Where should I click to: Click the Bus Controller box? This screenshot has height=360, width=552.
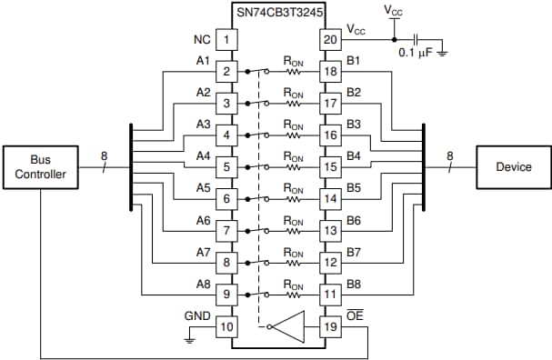coord(41,166)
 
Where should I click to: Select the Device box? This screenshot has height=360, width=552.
coord(514,166)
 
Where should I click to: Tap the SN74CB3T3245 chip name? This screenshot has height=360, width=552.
coord(278,10)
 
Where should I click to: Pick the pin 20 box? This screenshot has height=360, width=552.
coord(328,40)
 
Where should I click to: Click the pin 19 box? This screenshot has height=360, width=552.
coord(328,325)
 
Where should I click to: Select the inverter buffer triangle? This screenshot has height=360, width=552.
coord(289,325)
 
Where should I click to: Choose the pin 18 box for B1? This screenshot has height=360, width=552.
coord(328,71)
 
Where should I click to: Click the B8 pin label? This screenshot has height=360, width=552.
coord(353,284)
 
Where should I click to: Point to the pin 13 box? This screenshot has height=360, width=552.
coord(328,230)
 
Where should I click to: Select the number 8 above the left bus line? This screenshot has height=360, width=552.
coord(104,155)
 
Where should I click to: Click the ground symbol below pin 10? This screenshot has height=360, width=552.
coord(189,339)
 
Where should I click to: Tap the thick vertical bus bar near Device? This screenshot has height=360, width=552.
coord(424,167)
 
